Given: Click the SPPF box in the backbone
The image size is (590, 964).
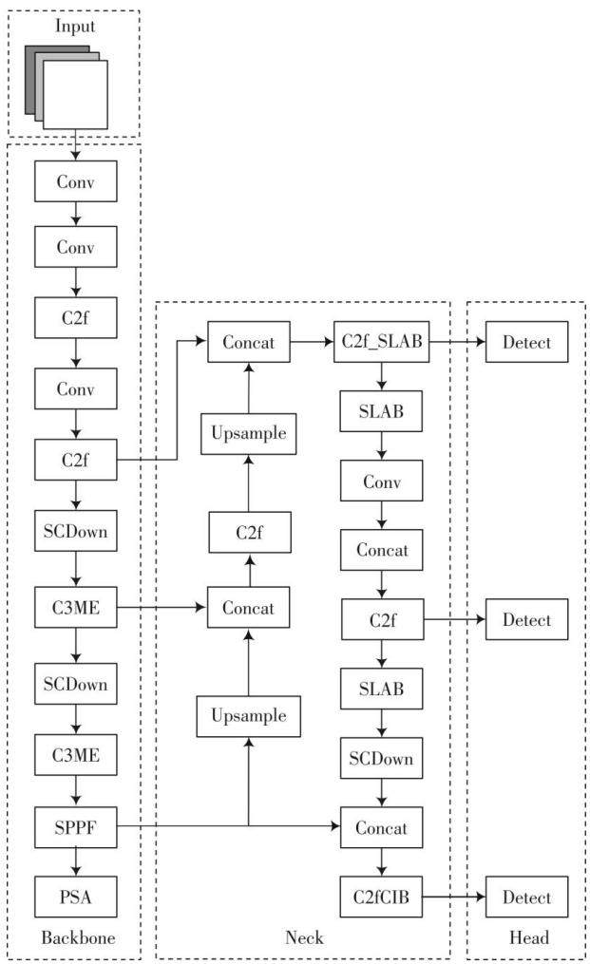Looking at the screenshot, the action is tap(76, 827).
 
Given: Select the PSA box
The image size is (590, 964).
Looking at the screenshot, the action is tap(76, 897).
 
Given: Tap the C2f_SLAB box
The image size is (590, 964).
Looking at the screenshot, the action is tap(381, 341).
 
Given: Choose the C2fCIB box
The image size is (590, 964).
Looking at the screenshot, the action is tap(381, 897).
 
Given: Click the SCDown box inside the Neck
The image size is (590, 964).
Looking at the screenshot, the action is tap(381, 758).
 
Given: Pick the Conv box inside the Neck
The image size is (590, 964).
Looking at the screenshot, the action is tap(381, 481).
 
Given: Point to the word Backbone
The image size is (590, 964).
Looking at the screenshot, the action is tap(78, 937).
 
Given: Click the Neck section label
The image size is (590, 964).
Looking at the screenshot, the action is tap(304, 937).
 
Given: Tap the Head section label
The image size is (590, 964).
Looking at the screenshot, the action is tap(529, 937).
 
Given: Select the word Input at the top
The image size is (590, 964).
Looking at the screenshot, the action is tap(75, 26).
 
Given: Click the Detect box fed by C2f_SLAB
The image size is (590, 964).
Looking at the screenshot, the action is tap(526, 341).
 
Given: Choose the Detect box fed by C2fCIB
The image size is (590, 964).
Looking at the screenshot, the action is tap(526, 897).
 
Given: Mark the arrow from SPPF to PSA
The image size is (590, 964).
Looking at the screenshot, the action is tap(76, 862).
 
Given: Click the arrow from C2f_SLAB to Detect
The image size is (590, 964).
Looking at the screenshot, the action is tap(457, 341).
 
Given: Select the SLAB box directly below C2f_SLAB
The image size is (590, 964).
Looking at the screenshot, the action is tap(381, 410).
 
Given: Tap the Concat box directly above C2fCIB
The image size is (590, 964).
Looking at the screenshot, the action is tap(381, 827).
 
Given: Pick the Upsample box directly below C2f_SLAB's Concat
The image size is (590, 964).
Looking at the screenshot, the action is tap(249, 433).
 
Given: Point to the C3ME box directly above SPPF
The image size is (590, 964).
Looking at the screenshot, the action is tap(76, 754).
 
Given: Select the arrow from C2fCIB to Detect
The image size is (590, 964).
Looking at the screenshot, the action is tap(454, 897).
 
